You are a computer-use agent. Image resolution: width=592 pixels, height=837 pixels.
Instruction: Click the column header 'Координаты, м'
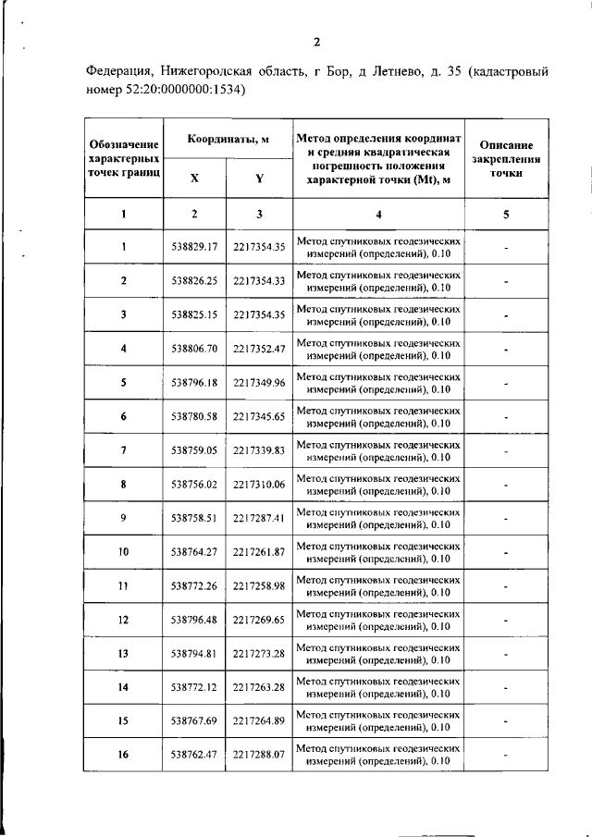[228, 140]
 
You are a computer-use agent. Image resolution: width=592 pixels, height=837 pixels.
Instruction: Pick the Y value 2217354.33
[259, 280]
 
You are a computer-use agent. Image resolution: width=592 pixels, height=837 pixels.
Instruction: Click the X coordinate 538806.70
[194, 348]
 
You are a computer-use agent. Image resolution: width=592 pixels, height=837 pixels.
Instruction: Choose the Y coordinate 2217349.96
[259, 382]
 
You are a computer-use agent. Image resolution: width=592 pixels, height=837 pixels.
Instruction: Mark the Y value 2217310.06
[259, 484]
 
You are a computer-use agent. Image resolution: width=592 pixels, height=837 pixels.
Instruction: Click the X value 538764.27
[194, 552]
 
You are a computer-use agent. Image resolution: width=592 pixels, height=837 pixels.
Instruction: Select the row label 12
[123, 620]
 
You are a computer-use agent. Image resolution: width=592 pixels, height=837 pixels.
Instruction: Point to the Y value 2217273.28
[259, 654]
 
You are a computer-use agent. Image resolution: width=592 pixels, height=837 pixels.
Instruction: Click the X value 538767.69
[194, 721]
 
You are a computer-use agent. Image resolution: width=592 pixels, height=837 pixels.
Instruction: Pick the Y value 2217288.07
[259, 756]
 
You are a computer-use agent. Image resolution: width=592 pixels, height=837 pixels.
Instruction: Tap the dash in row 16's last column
[506, 756]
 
